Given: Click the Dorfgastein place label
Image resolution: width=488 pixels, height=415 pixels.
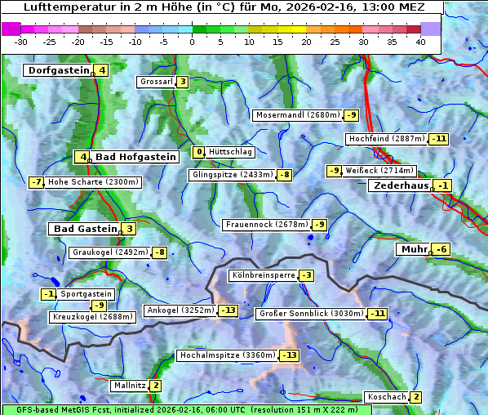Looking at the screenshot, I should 57,70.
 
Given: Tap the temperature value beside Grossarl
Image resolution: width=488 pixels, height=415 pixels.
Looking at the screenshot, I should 183,82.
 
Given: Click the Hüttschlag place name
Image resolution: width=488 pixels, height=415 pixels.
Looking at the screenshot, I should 231,152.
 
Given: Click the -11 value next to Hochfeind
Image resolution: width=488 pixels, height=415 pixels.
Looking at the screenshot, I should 439,139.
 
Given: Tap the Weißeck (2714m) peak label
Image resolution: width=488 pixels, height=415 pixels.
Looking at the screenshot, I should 379,171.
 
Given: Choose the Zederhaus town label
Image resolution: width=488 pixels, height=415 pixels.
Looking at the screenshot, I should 400,186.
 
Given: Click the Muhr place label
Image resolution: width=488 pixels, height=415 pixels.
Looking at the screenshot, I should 413,249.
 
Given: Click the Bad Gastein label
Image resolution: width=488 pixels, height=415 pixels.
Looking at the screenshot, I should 85,229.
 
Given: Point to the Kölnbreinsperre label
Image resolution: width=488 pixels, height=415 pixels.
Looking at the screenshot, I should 262,276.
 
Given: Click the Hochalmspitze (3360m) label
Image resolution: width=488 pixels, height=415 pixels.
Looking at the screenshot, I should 227,355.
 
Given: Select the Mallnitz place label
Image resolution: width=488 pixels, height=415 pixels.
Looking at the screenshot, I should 129,386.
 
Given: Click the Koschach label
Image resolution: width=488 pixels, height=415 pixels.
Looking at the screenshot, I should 386,397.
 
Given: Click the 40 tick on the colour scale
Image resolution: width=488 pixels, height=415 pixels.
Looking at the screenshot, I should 420,42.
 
